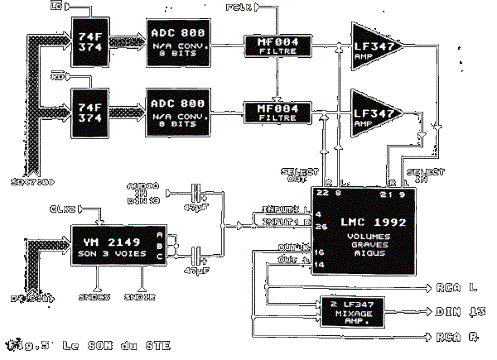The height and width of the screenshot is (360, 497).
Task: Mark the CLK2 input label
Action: click(x=66, y=209)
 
